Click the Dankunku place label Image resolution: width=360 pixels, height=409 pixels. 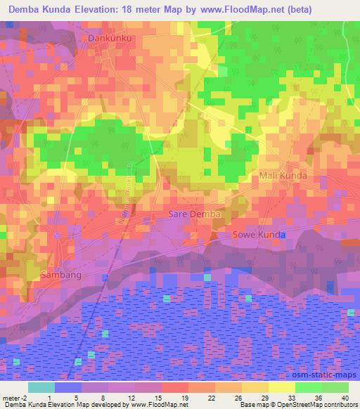(110, 37)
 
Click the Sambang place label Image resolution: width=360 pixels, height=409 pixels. (61, 275)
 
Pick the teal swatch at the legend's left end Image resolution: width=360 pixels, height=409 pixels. (41, 387)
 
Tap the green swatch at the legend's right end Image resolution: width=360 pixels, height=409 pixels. (335, 387)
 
